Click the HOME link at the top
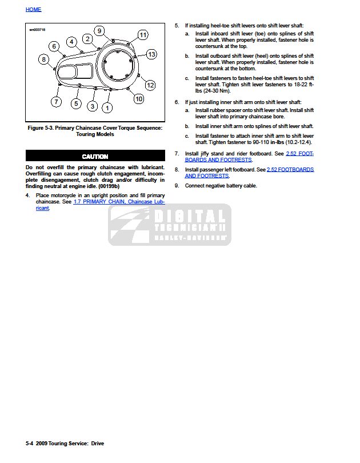click(33, 10)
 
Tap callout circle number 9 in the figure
click(99, 31)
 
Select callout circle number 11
click(143, 35)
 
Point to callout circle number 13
click(151, 54)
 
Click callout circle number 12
click(150, 85)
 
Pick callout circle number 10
click(138, 99)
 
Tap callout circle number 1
click(107, 106)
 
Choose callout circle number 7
click(55, 102)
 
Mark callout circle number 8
click(43, 59)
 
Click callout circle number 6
click(54, 46)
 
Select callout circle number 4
click(71, 41)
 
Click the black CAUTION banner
click(95, 156)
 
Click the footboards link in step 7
click(249, 157)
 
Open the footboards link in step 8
click(249, 173)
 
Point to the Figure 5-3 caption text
click(95, 131)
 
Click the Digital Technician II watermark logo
click(170, 225)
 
